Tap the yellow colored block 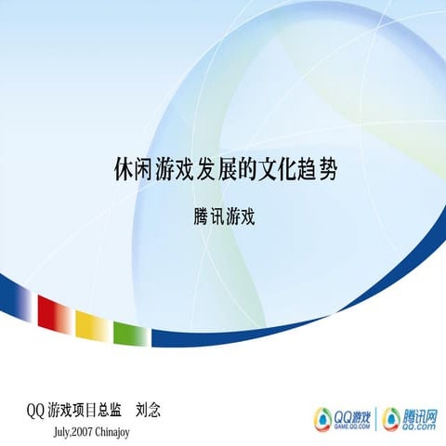tap(91, 324)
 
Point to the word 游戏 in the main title tap(177, 171)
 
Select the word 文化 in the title tap(278, 171)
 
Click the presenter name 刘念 tap(149, 409)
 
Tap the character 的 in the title tap(248, 171)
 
